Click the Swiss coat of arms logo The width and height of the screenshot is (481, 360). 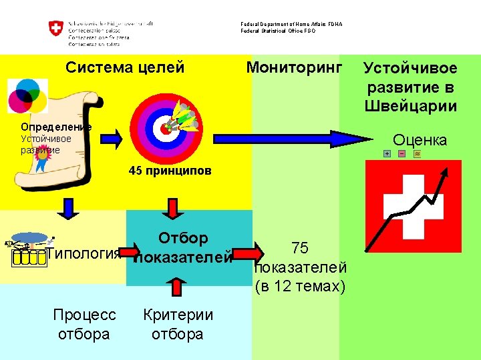point(55,30)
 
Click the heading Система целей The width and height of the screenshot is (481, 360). point(125,67)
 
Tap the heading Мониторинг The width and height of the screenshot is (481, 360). point(294,67)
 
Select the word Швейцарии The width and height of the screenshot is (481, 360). point(411,106)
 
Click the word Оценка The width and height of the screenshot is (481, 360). point(420,140)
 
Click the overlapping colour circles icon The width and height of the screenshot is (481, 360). point(27,96)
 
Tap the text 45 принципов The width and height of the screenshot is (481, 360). point(170,171)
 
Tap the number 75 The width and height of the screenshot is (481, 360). point(300,248)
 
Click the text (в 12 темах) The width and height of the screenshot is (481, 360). point(300,287)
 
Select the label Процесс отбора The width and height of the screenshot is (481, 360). point(84,324)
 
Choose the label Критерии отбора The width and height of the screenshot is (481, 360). point(178,324)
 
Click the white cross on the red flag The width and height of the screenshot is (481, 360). point(413,207)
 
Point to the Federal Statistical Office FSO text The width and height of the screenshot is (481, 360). point(278,31)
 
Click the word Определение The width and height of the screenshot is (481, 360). point(56,127)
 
